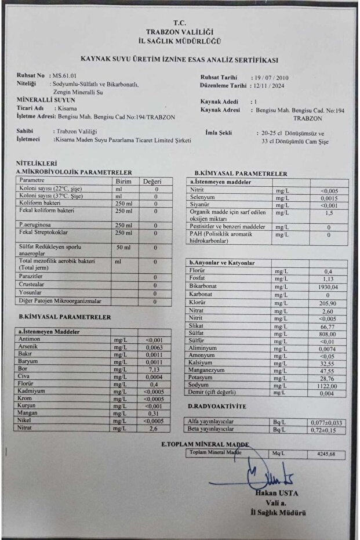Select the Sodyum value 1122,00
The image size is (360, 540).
[327, 385]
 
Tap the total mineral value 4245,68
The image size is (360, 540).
[327, 454]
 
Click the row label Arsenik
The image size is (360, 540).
[29, 347]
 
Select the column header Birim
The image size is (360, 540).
[125, 181]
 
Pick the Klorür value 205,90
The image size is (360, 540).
[328, 303]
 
